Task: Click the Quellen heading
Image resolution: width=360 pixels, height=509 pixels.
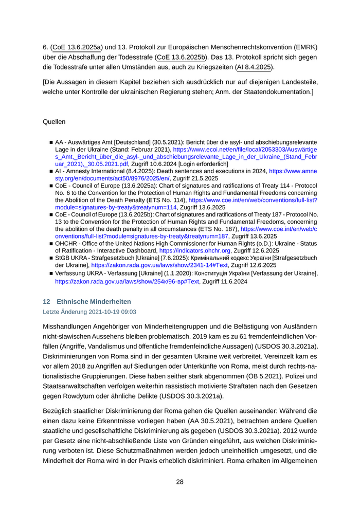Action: [54, 122]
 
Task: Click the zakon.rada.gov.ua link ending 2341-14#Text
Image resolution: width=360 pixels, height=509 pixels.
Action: [159, 265]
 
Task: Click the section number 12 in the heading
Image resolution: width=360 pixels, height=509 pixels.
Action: [46, 301]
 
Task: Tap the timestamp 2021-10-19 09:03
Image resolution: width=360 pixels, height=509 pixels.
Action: [109, 312]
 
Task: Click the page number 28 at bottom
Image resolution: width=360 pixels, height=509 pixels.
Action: [180, 482]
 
